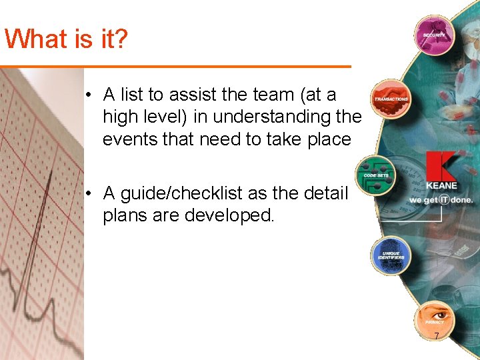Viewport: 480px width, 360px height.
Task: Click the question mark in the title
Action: pos(119,39)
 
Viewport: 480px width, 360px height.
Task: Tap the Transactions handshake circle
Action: pos(391,99)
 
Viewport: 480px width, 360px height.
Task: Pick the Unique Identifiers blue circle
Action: pos(391,255)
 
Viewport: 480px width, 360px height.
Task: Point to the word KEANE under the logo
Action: pos(441,186)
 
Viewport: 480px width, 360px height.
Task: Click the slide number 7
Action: pos(437,336)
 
